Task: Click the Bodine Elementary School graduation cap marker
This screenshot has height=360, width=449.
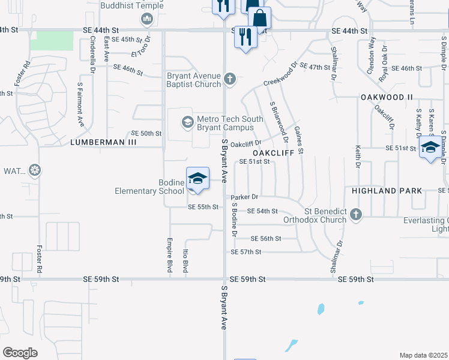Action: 197,178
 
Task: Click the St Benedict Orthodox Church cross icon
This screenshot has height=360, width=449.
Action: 356,214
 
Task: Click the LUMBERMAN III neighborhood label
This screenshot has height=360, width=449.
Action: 103,142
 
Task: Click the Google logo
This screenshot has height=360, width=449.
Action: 20,353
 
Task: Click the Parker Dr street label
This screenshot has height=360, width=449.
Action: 245,197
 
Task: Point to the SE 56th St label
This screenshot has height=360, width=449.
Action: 266,239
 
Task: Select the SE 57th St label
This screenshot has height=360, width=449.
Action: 246,252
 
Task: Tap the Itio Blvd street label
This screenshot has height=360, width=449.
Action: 185,263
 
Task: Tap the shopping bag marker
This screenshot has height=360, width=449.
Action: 259,17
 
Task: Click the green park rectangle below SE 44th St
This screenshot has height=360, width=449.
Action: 52,41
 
